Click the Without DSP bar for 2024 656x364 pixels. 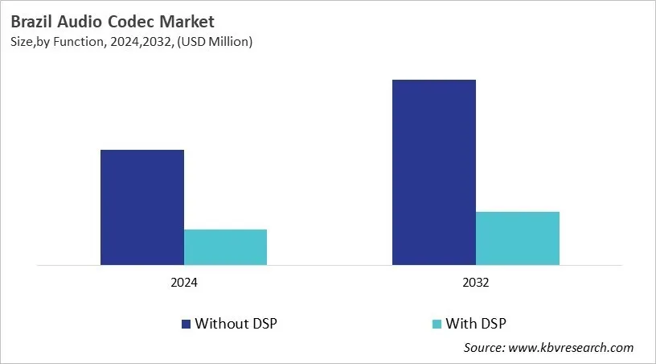141,207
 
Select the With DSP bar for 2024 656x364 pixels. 225,246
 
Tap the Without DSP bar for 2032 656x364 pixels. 433,172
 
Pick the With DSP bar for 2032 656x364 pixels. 517,238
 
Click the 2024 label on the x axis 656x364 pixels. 183,283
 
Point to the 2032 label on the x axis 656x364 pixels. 475,283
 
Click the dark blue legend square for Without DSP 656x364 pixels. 187,324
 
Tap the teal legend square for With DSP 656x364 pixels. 437,324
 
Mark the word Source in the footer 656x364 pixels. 485,348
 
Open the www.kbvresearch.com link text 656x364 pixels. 572,348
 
